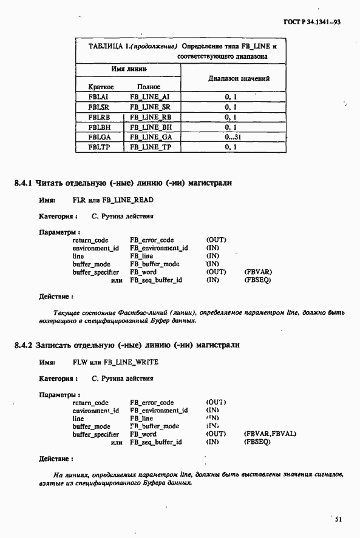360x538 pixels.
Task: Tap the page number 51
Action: pos(339,519)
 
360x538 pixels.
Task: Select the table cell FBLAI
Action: pos(98,97)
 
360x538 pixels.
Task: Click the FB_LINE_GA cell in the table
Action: pos(151,138)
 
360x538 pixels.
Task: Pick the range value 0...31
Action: pos(230,137)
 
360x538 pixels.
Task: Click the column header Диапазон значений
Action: pos(230,79)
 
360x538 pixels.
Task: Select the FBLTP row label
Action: pos(98,147)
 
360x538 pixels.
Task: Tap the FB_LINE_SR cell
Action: pos(151,107)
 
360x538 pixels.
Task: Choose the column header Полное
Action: pos(148,87)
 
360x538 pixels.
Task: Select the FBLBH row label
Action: pos(98,127)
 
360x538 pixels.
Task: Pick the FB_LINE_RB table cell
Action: pos(152,118)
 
